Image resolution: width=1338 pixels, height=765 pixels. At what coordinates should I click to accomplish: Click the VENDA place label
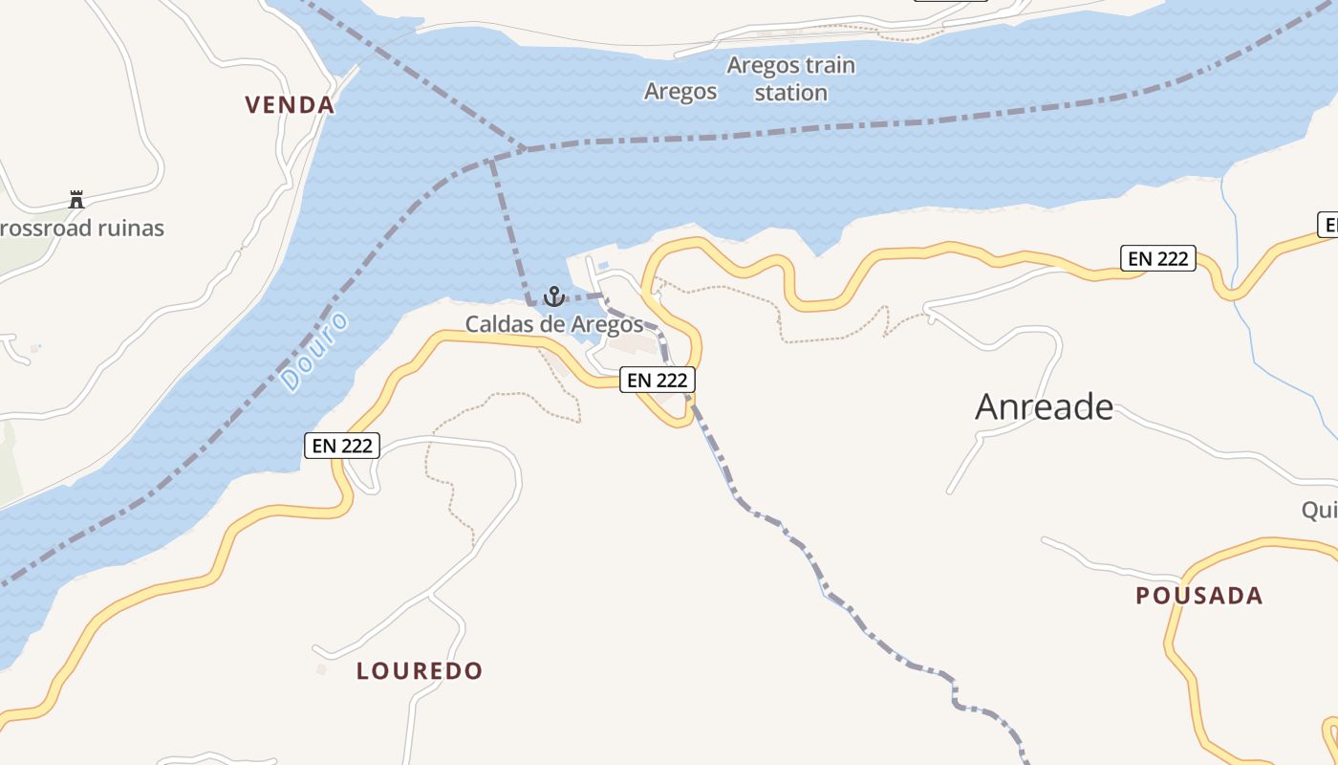pyautogui.click(x=290, y=104)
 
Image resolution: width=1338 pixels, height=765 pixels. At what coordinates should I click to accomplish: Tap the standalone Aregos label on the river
pyautogui.click(x=680, y=91)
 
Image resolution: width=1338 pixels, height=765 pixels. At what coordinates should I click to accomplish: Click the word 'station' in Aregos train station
pyautogui.click(x=790, y=93)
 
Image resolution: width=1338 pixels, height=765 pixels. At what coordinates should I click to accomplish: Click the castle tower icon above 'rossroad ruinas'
pyautogui.click(x=76, y=200)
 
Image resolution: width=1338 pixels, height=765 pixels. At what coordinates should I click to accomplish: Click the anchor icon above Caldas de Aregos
pyautogui.click(x=553, y=296)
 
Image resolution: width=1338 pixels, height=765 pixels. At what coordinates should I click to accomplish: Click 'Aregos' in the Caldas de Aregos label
pyautogui.click(x=607, y=324)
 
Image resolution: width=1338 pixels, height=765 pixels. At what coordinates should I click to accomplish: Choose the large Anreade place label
pyautogui.click(x=1044, y=407)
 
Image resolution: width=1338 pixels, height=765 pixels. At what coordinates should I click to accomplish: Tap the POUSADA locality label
pyautogui.click(x=1198, y=596)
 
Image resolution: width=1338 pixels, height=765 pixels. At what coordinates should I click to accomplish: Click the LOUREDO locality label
pyautogui.click(x=420, y=670)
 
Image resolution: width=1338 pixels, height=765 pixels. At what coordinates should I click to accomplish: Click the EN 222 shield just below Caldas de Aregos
pyautogui.click(x=658, y=380)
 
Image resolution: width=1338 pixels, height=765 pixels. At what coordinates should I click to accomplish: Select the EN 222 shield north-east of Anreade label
pyautogui.click(x=1157, y=258)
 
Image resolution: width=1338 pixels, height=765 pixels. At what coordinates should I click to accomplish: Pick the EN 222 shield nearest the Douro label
pyautogui.click(x=342, y=445)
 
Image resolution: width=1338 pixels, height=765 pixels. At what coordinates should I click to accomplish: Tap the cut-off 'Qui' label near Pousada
pyautogui.click(x=1320, y=510)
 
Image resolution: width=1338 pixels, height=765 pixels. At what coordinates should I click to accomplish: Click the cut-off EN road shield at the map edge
pyautogui.click(x=1328, y=226)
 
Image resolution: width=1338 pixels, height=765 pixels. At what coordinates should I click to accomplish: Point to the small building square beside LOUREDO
pyautogui.click(x=321, y=669)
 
